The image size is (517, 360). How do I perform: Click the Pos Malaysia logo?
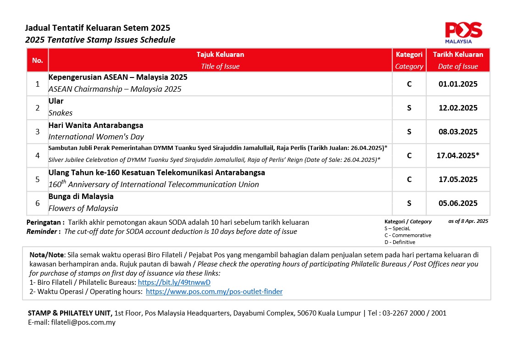[463, 32]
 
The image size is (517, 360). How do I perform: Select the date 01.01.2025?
[458, 84]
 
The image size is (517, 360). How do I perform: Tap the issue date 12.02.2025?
[458, 108]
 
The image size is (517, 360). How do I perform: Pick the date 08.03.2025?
[458, 132]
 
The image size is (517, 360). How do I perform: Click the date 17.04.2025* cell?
[458, 155]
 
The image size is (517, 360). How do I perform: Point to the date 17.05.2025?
[458, 179]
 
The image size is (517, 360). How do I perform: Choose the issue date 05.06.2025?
[458, 203]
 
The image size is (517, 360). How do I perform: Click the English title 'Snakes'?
[61, 113]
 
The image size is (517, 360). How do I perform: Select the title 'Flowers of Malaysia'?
[83, 208]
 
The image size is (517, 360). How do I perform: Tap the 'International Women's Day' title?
[96, 137]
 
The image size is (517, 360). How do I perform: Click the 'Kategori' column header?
[409, 55]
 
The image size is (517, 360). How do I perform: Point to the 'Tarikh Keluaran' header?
[458, 55]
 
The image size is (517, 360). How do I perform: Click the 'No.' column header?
[37, 61]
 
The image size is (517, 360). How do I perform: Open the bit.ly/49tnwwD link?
[174, 283]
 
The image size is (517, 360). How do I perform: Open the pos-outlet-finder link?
[214, 292]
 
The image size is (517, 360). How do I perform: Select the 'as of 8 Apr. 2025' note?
[468, 221]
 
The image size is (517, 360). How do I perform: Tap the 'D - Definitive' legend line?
[400, 242]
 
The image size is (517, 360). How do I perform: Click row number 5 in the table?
[37, 179]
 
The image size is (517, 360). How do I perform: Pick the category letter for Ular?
[409, 108]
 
